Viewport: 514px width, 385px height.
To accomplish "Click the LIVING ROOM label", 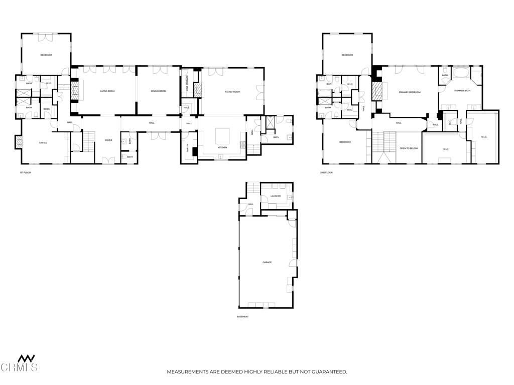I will click(107, 91).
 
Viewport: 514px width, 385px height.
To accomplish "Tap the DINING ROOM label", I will click(158, 91).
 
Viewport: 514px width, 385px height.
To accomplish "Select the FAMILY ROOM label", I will click(232, 92).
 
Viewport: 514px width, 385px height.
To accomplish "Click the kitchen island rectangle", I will click(222, 136).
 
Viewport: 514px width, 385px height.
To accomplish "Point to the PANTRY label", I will click(188, 148).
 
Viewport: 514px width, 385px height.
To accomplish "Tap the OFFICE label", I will click(43, 143).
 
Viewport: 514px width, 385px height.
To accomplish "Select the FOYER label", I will click(108, 140).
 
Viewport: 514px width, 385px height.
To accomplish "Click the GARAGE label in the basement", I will click(267, 262).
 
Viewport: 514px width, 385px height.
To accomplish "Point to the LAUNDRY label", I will click(276, 196).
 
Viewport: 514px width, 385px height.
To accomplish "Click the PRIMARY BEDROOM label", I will click(410, 92).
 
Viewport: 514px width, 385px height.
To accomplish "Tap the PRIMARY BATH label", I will click(462, 91).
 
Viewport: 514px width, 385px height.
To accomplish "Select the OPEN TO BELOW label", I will click(409, 148).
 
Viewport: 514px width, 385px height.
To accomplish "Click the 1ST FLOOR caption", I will click(26, 172).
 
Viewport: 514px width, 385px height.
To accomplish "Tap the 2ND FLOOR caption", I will click(327, 172).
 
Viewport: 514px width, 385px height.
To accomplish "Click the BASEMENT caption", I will click(242, 317).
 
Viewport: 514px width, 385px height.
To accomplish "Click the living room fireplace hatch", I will click(76, 91).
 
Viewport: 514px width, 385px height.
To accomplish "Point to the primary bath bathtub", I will click(460, 75).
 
